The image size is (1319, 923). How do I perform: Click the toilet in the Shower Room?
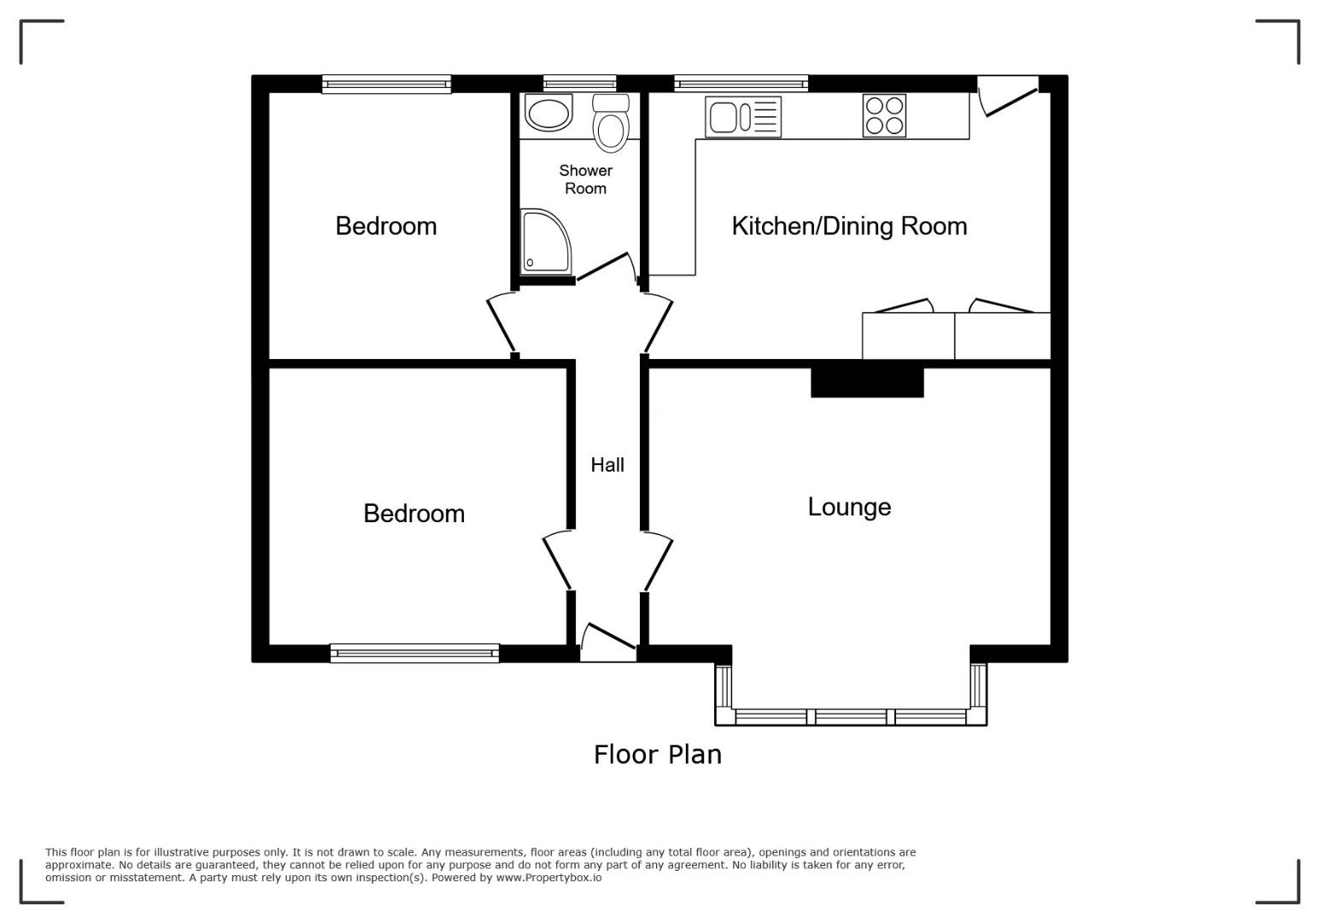611,122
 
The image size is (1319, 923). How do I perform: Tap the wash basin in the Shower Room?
548,112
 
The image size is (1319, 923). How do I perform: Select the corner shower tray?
546,242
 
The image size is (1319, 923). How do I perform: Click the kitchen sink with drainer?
743,116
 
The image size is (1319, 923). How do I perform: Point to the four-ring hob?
884,115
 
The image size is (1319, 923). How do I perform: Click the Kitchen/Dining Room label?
849,226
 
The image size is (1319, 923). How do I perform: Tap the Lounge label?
849,507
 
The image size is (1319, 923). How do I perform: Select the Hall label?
607,465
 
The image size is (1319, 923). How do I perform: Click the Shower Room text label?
585,179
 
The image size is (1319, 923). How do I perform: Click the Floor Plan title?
657,755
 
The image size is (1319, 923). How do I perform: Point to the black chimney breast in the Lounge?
867,382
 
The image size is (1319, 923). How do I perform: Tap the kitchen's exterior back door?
1008,96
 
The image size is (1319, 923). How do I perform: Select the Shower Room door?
607,268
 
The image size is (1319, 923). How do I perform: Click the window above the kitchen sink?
741,84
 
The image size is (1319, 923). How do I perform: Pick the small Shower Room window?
579,84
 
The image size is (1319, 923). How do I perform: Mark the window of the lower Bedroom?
414,653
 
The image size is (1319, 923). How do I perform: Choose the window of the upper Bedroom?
386,85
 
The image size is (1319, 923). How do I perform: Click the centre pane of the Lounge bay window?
851,717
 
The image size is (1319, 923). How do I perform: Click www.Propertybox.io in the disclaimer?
548,878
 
